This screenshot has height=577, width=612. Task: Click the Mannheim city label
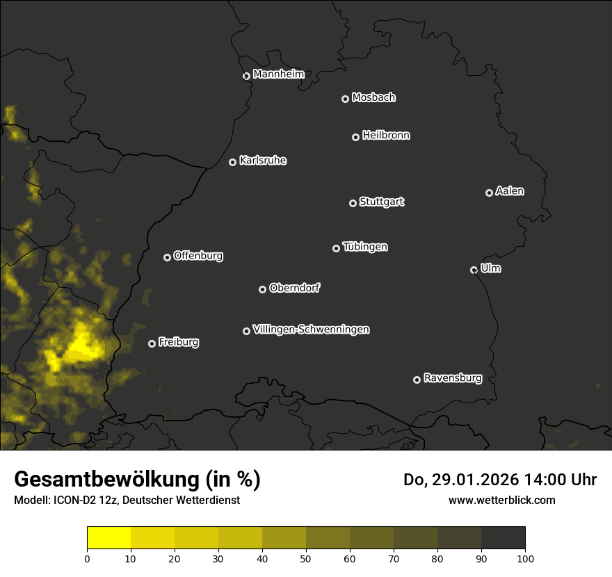[278, 74]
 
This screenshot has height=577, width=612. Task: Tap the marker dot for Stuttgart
[353, 203]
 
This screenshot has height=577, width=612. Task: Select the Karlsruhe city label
[262, 161]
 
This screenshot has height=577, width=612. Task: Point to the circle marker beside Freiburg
[152, 343]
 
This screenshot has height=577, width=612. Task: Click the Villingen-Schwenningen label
[311, 330]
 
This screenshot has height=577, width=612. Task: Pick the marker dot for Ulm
[474, 270]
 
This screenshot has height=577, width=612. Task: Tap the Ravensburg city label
[452, 378]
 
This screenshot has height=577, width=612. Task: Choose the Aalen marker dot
[489, 193]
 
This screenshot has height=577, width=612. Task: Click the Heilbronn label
[385, 136]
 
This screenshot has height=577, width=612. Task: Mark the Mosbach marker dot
[345, 99]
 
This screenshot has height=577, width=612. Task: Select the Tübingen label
[364, 247]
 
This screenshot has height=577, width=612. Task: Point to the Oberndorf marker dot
[262, 289]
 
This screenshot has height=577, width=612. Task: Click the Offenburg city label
[198, 256]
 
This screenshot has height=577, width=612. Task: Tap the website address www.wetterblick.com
[501, 500]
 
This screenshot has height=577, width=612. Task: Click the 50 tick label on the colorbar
[306, 558]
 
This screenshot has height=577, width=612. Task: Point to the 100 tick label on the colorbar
[525, 558]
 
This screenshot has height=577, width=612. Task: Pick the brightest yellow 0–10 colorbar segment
[108, 538]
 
